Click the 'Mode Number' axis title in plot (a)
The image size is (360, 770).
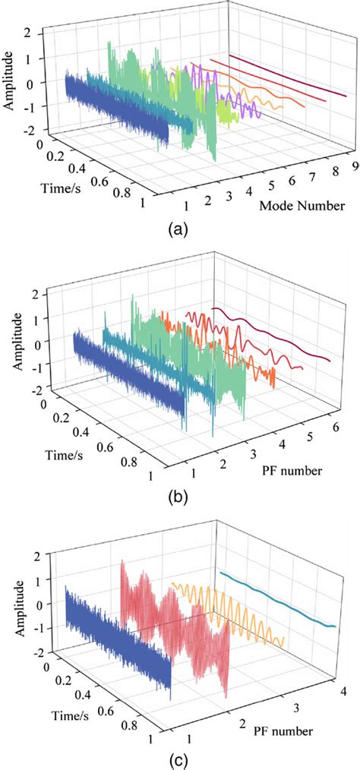click(x=298, y=206)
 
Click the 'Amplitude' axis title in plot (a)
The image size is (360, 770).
click(x=11, y=80)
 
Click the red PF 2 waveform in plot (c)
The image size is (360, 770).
click(x=175, y=615)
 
